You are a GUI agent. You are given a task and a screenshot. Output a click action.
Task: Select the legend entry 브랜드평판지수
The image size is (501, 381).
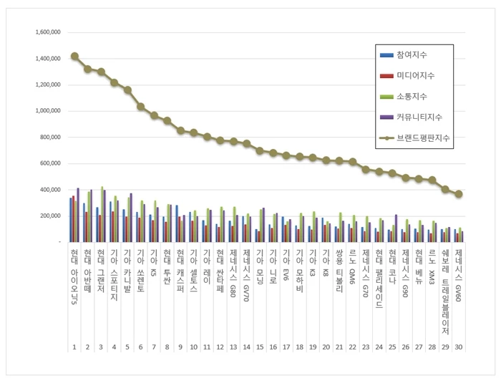coord(424,137)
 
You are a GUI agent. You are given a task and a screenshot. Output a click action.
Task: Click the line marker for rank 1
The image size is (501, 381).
coord(74,56)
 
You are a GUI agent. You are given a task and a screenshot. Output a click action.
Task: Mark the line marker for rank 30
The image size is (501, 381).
coord(459,194)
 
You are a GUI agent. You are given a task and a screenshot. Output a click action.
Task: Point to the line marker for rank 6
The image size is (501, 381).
coord(141,107)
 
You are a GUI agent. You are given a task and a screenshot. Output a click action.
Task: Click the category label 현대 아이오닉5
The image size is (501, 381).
coord(74,272)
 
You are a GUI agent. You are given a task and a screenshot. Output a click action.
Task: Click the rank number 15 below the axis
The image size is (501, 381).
coord(261,347)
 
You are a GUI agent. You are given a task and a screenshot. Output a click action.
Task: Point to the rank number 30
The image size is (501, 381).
coord(459,347)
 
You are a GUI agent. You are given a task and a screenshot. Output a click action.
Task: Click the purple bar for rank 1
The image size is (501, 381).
coord(78,216)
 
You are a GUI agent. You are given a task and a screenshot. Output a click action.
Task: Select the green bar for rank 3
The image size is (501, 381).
coord(102,215)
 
